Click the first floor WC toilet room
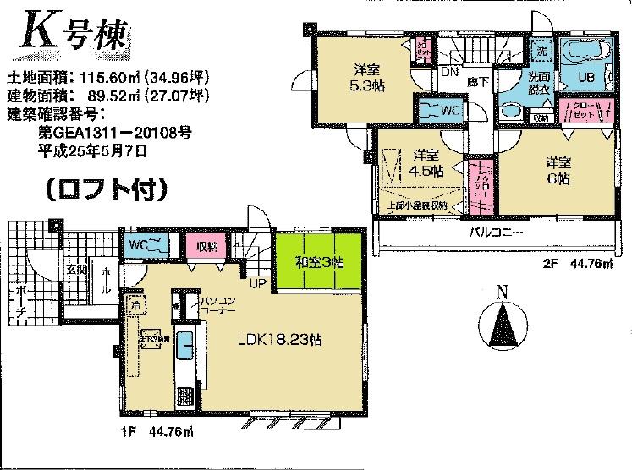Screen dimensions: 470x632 point(148,245)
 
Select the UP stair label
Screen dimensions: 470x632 point(254,283)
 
